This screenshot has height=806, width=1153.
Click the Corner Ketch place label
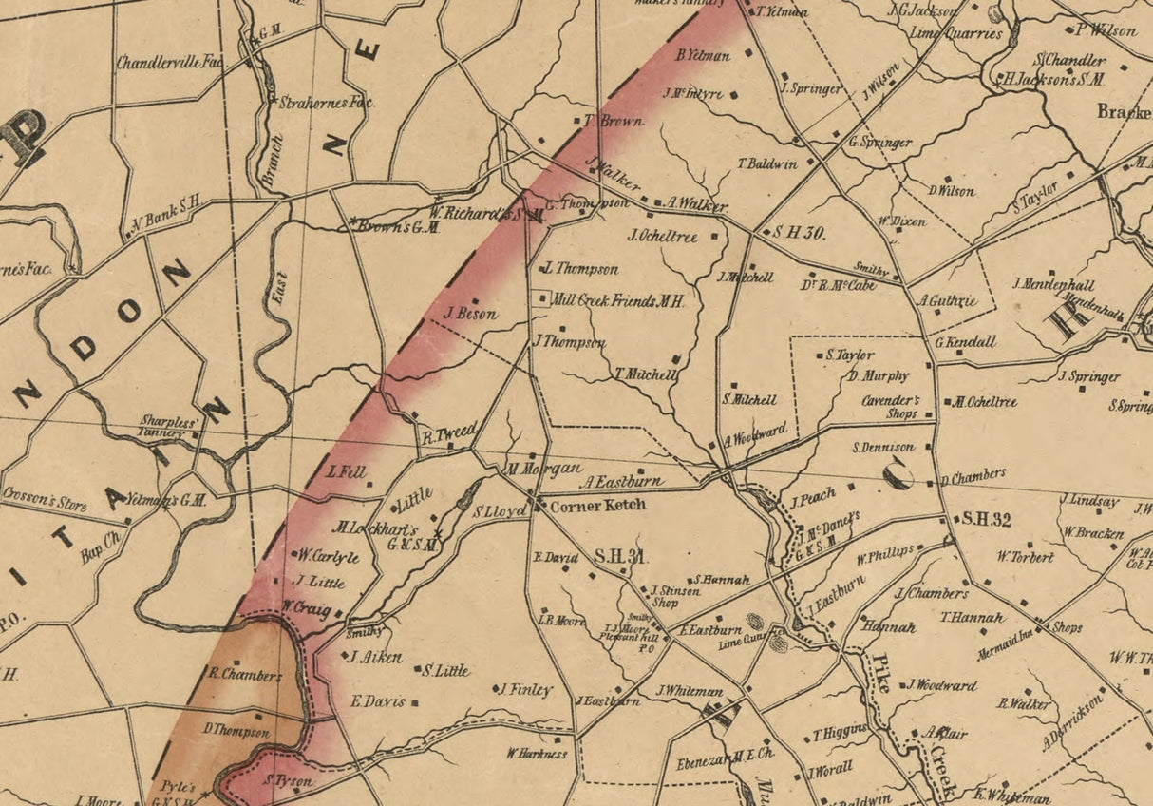(x=598, y=505)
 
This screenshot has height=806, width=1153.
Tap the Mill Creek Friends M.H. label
(x=618, y=300)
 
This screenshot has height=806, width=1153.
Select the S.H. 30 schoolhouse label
(x=799, y=233)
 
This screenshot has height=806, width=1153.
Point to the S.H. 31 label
(x=621, y=556)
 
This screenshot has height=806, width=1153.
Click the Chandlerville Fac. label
(x=170, y=63)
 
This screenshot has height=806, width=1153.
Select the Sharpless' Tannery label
(x=170, y=426)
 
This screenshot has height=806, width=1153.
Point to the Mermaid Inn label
(x=1005, y=645)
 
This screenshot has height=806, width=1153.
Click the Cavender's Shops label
(x=890, y=407)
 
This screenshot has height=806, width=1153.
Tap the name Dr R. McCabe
(x=839, y=284)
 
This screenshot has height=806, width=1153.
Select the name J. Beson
(x=470, y=314)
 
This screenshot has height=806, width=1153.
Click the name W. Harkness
(x=537, y=754)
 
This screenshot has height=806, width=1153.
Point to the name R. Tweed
(x=448, y=432)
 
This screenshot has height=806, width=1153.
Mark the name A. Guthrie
(x=947, y=300)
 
